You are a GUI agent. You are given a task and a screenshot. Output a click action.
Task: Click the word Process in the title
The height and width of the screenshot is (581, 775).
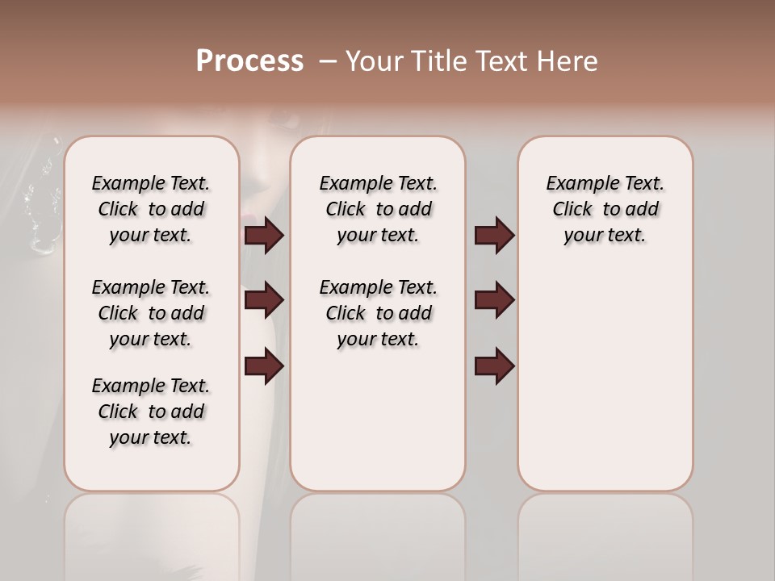[x=249, y=61]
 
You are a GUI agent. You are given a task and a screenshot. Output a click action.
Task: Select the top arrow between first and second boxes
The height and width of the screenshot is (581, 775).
[x=264, y=235]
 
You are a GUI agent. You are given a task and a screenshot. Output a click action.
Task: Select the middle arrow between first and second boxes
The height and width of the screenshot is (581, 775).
[x=264, y=300]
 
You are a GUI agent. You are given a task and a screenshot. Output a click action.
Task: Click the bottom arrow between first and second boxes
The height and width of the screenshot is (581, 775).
[x=264, y=366]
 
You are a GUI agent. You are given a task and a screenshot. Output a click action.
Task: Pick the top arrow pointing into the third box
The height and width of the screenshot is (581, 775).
[x=494, y=235]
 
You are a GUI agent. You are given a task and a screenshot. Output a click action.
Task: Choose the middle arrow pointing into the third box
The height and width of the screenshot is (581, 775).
[x=494, y=300]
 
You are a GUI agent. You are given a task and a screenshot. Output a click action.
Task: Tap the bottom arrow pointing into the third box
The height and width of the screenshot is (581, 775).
[x=494, y=366]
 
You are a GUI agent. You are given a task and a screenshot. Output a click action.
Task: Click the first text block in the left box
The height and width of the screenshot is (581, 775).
[x=151, y=209]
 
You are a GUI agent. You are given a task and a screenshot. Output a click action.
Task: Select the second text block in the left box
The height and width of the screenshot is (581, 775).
[x=151, y=313]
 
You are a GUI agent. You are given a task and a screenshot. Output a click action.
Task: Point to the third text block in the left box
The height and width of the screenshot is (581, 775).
[x=151, y=412]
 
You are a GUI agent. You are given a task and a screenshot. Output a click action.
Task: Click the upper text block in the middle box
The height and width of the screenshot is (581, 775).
[x=378, y=209]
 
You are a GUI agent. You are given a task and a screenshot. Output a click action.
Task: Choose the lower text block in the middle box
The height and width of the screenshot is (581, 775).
[x=378, y=313]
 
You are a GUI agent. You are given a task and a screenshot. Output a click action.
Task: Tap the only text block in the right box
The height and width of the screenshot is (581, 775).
[x=605, y=209]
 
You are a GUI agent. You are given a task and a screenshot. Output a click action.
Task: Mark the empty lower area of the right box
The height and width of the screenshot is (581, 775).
[x=605, y=387]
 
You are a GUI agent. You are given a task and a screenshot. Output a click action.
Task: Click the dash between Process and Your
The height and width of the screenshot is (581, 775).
[x=327, y=61]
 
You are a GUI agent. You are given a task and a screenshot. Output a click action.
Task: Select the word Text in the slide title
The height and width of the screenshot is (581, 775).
[x=503, y=61]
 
